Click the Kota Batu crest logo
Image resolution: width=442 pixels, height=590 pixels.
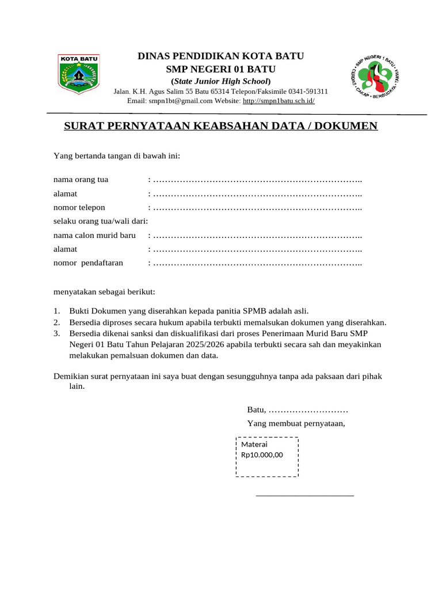pos(79,73)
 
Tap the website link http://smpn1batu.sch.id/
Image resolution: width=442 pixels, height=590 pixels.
pos(279,100)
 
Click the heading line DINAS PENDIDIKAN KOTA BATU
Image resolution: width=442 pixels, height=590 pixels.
pos(220,56)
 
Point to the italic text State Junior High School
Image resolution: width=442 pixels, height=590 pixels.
pos(220,81)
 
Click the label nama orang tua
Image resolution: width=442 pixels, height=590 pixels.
pos(81,179)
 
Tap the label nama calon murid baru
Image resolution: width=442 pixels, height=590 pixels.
pos(94,235)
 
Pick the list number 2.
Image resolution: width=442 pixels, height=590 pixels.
pos(57,322)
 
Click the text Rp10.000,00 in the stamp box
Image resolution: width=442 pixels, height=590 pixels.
pos(262,455)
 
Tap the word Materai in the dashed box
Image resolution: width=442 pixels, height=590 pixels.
pos(254,444)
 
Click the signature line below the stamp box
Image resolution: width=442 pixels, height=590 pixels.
pos(304,495)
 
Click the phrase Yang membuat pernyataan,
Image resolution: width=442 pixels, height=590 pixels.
pos(296,423)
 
